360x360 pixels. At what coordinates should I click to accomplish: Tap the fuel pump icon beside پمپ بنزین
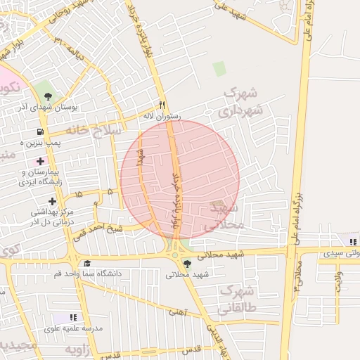[x=40, y=131]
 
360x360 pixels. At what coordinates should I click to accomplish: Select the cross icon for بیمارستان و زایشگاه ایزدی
[x=41, y=162]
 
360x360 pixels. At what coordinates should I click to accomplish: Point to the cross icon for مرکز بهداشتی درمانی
[x=52, y=201]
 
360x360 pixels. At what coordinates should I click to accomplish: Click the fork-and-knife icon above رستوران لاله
[x=163, y=103]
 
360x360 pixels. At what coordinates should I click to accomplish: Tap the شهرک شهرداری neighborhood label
[x=241, y=102]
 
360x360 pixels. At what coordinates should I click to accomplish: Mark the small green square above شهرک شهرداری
[x=219, y=69]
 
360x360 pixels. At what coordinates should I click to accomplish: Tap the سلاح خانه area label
[x=94, y=131]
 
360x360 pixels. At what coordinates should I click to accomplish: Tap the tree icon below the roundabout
[x=186, y=264]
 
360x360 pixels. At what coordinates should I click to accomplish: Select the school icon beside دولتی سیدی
[x=352, y=240]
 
